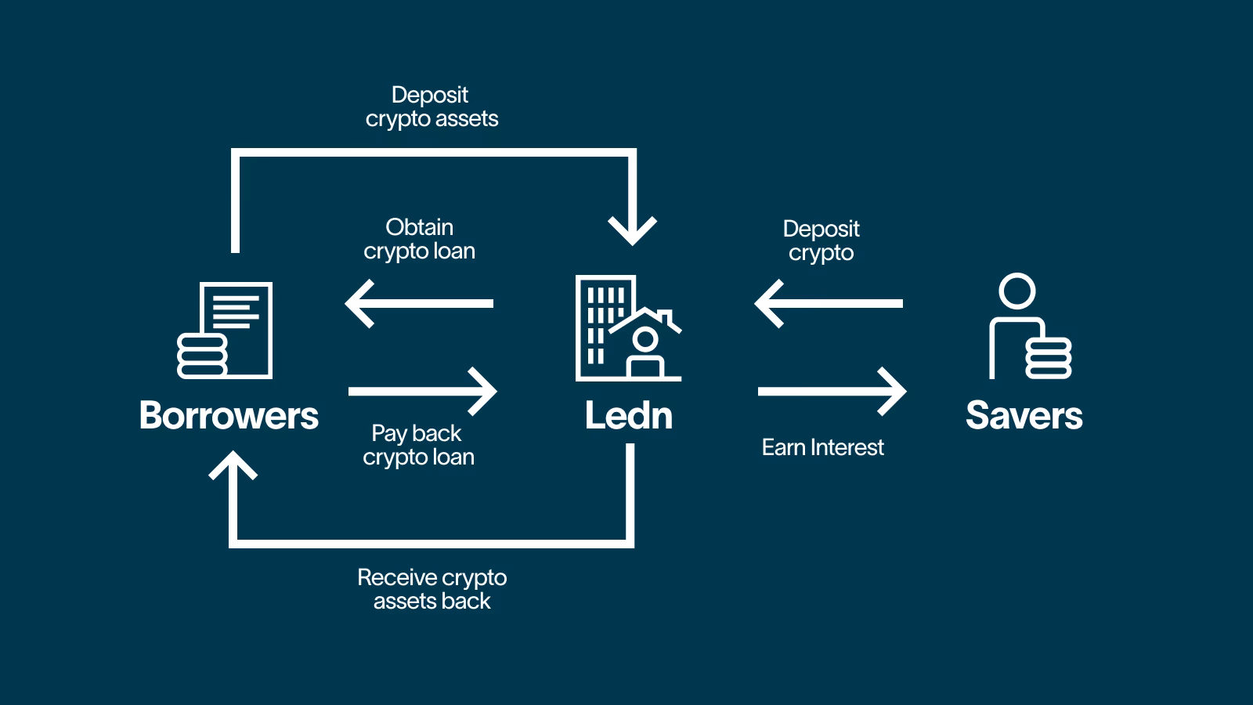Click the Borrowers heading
(x=229, y=415)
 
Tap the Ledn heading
(x=629, y=415)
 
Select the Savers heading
(x=1024, y=415)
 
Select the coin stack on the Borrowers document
(x=202, y=356)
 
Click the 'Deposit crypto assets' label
(x=432, y=107)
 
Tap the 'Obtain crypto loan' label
(x=420, y=239)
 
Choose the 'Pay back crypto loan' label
(x=418, y=445)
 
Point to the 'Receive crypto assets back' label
(x=432, y=589)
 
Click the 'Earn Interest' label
(x=822, y=447)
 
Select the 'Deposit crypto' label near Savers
(x=821, y=240)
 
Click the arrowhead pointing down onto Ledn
(x=632, y=230)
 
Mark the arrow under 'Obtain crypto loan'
(x=420, y=303)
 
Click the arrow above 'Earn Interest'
(x=832, y=391)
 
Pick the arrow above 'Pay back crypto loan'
(x=423, y=391)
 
